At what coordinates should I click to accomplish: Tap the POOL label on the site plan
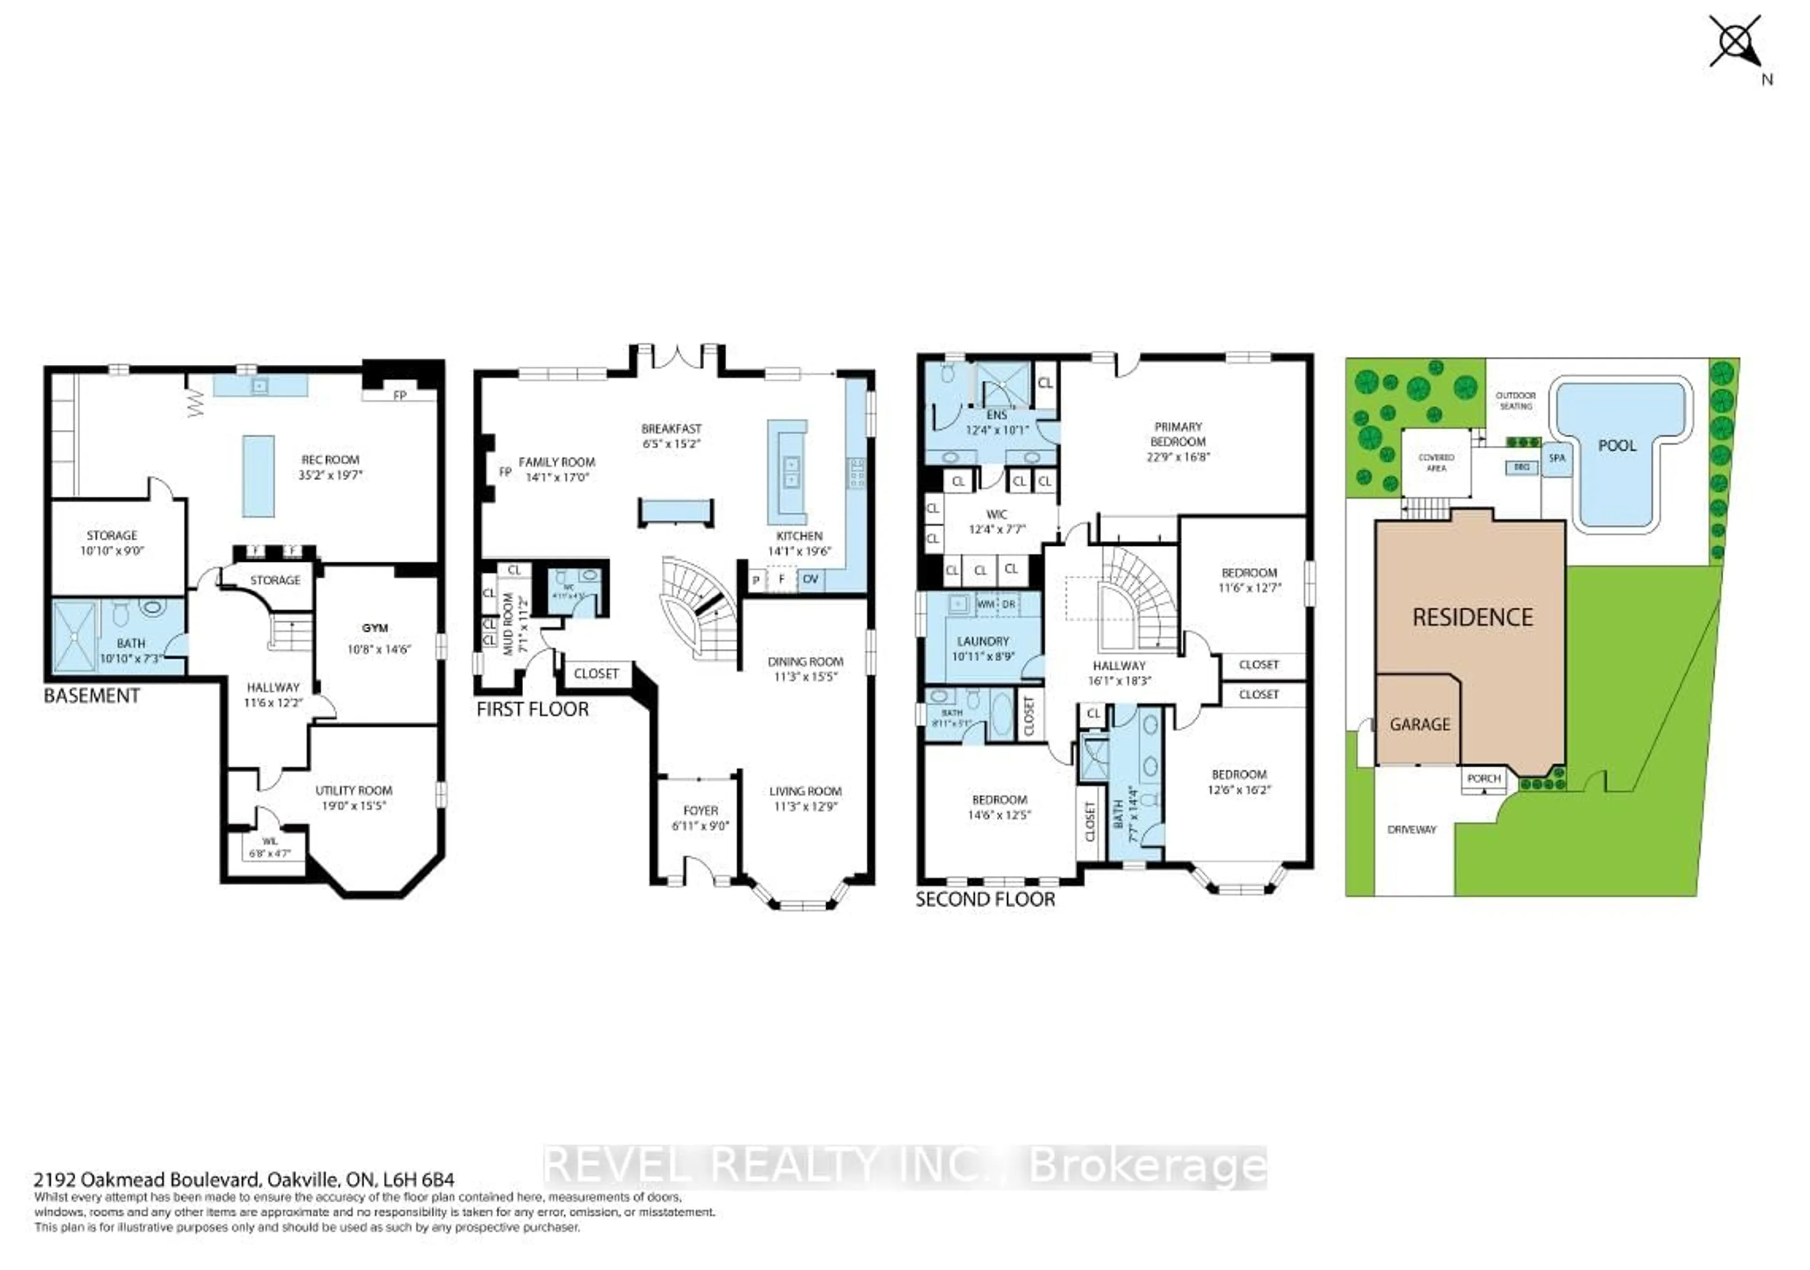point(1617,445)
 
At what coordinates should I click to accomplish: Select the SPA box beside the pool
point(1556,458)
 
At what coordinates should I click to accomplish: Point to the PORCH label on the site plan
point(1484,778)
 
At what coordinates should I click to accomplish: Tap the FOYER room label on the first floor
point(700,811)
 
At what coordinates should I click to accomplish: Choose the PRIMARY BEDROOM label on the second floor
point(1178,434)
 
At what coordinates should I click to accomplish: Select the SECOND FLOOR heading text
point(985,900)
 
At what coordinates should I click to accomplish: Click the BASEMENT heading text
point(91,696)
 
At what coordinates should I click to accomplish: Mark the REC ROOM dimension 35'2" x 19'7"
point(330,475)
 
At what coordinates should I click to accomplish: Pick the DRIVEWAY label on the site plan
point(1411,829)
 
